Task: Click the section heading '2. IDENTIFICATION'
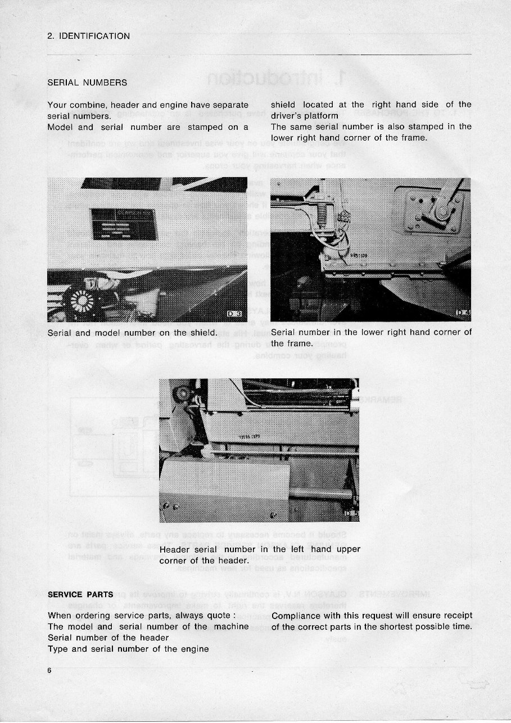[x=88, y=36]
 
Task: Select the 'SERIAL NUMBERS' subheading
[x=87, y=83]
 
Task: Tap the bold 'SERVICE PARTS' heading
[x=80, y=594]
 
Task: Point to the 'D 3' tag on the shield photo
[x=236, y=314]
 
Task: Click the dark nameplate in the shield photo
[x=123, y=224]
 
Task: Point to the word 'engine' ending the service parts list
[x=195, y=649]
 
